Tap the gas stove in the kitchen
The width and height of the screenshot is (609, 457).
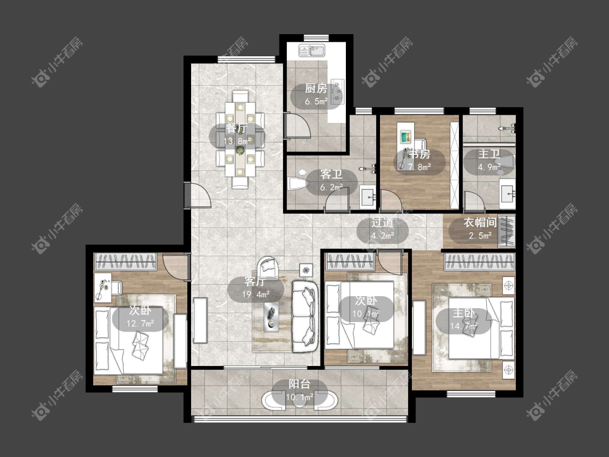(x=337, y=92)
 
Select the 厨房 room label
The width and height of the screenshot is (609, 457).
(x=316, y=89)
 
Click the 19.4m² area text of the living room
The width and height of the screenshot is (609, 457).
(x=256, y=294)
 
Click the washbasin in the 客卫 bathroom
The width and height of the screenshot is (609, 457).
(x=368, y=197)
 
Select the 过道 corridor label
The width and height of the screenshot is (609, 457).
(x=383, y=223)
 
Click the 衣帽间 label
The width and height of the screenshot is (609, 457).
(x=480, y=223)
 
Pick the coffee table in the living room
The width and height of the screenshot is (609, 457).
(x=272, y=316)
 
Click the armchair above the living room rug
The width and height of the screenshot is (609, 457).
(x=268, y=266)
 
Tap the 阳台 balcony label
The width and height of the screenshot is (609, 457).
(x=299, y=384)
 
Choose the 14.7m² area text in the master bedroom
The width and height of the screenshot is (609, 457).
(x=464, y=326)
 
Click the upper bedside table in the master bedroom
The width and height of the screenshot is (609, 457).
(x=508, y=286)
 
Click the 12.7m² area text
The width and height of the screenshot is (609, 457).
(x=140, y=323)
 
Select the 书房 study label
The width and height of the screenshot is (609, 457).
(x=420, y=154)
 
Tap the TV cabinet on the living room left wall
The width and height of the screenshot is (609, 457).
(x=200, y=320)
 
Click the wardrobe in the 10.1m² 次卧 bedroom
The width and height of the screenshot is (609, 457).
(x=350, y=262)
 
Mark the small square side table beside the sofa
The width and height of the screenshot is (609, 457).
(x=306, y=270)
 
